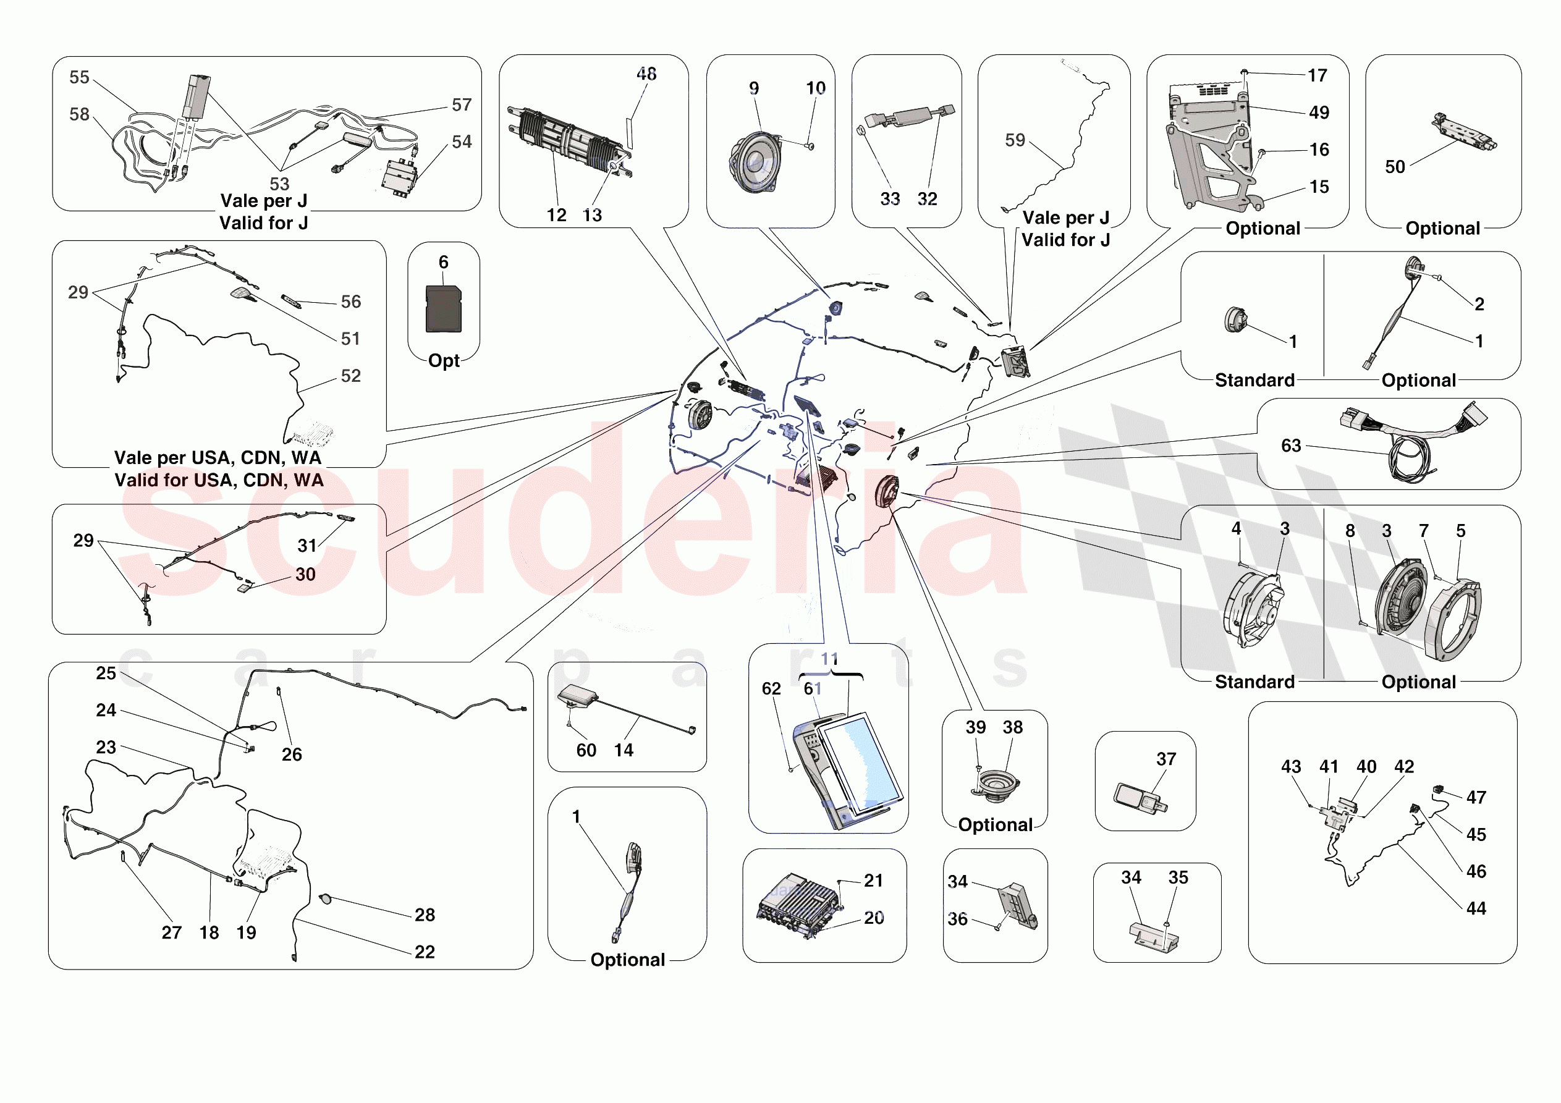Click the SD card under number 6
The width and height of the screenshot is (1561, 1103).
tap(443, 309)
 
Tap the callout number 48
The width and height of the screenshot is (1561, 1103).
tap(646, 74)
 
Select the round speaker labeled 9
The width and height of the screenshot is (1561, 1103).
tap(756, 163)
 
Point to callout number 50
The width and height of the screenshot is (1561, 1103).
tap(1394, 167)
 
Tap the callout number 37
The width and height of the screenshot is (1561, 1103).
tap(1166, 759)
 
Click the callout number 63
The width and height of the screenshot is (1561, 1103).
tap(1290, 446)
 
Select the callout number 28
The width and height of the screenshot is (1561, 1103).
tap(425, 915)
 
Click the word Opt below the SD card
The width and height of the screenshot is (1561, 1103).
tap(444, 360)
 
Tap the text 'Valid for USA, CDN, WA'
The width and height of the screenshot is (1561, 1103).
tap(219, 480)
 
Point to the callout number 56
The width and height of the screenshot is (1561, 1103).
tap(351, 302)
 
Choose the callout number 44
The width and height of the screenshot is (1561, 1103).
tap(1476, 908)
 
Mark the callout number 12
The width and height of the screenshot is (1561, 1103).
tap(556, 215)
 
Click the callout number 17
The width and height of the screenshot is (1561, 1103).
tap(1317, 75)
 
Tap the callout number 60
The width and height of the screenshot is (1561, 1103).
tap(586, 750)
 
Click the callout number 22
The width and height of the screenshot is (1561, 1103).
tap(425, 952)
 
